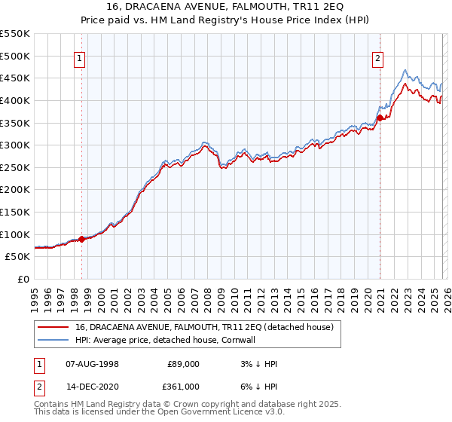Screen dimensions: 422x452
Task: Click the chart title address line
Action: coord(225,7)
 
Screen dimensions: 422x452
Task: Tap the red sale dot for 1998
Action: coord(81,239)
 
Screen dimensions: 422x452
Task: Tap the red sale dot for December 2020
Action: coord(380,117)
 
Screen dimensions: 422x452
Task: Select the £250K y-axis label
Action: coord(15,167)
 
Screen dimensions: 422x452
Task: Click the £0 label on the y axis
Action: coord(23,279)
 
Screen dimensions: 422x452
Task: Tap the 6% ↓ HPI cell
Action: coord(261,387)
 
